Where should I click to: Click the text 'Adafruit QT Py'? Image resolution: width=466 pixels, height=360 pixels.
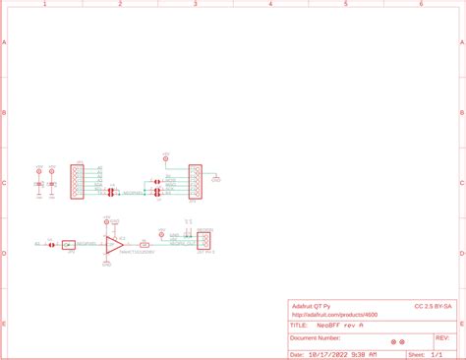(x=313, y=306)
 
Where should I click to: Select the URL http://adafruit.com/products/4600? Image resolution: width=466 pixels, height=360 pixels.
(x=334, y=315)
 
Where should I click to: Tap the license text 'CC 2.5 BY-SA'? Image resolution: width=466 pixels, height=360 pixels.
(x=433, y=306)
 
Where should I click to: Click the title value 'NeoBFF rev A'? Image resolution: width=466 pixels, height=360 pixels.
(x=340, y=325)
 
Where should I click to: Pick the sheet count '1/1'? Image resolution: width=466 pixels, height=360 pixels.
(x=437, y=353)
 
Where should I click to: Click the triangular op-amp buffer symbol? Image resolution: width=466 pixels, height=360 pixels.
(x=114, y=243)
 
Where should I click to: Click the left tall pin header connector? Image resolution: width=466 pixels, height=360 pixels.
(x=77, y=182)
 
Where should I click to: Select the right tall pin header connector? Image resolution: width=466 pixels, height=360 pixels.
(x=195, y=182)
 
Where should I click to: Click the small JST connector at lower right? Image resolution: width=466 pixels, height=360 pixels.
(x=205, y=241)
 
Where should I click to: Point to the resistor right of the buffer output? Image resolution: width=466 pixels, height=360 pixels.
(x=145, y=243)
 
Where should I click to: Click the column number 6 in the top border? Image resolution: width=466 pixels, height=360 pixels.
(x=421, y=4)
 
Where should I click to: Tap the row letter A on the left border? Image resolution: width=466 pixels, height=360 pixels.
(x=4, y=43)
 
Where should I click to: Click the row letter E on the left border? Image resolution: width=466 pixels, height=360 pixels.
(x=4, y=324)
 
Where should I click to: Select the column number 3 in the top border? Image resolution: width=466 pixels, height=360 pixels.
(x=195, y=4)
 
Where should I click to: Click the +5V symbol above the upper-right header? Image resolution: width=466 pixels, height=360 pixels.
(x=164, y=155)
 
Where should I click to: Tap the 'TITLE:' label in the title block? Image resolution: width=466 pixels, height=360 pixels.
(x=300, y=325)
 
